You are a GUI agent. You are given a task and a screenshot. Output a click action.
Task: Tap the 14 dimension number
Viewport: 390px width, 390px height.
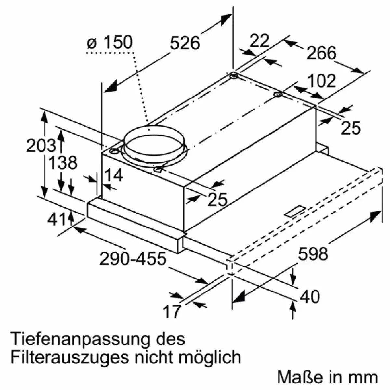(x=113, y=175)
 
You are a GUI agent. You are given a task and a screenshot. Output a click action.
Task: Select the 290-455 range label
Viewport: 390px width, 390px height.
(x=133, y=259)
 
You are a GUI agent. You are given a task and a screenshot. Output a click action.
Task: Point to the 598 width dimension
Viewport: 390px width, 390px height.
(x=313, y=253)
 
